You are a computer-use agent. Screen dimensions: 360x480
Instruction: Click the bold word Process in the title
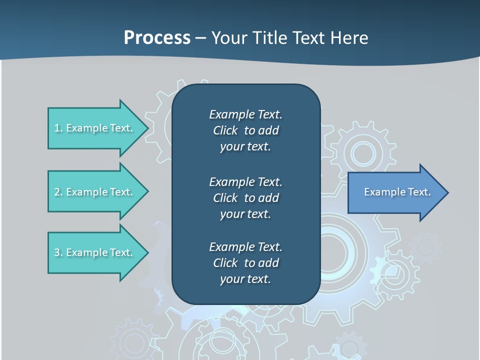[157, 38]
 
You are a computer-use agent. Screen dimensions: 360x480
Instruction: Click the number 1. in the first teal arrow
[58, 128]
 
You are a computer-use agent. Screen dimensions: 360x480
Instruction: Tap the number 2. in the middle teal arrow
[58, 192]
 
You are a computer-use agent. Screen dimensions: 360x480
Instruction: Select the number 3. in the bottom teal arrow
[58, 252]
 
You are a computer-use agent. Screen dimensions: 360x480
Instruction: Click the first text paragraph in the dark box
[245, 130]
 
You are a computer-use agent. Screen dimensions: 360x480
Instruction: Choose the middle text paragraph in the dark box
[245, 198]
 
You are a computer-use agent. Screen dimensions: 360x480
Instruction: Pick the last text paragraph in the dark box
[245, 263]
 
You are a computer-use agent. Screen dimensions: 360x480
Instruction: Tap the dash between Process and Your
[200, 38]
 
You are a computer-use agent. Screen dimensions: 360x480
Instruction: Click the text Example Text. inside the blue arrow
[397, 192]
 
